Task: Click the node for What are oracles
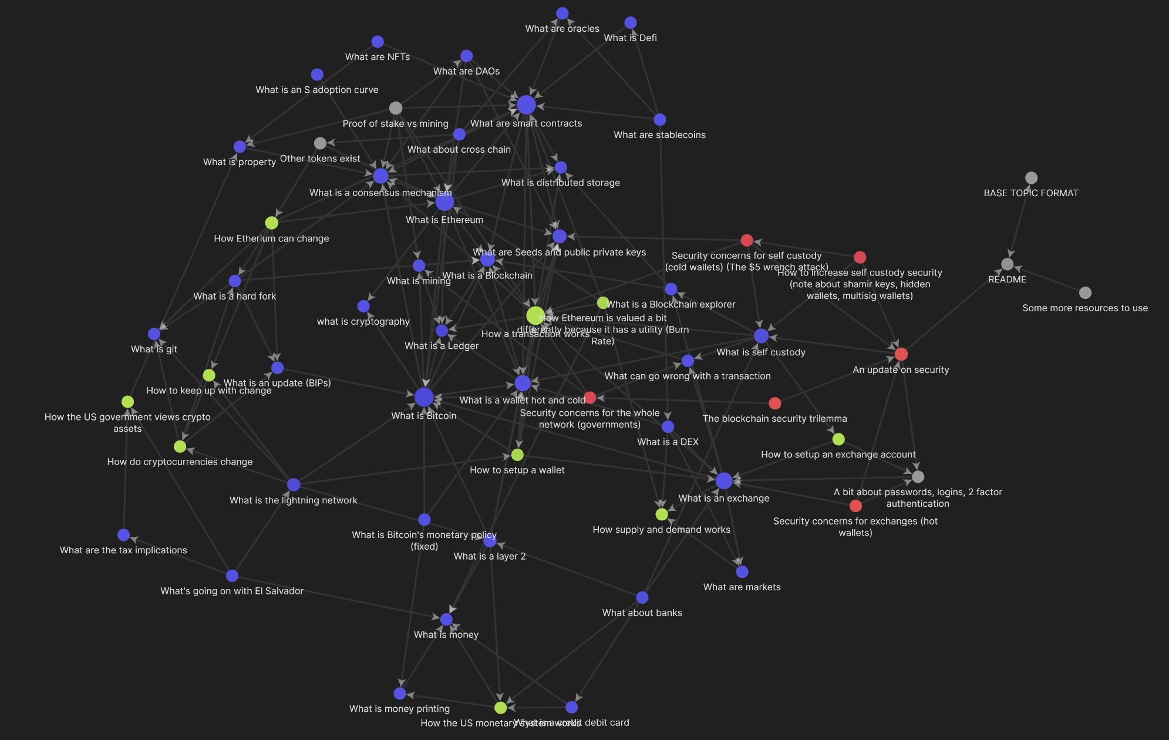562,14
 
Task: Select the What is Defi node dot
631,23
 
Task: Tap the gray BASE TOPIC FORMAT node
1031,178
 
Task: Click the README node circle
1008,264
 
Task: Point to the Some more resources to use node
1085,292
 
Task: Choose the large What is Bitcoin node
424,397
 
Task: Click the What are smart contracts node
526,105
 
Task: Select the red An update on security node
901,354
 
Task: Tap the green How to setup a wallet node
517,455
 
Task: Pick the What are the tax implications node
123,535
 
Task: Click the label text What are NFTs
378,57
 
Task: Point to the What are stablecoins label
659,135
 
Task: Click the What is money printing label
399,709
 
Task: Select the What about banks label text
642,613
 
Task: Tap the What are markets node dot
742,571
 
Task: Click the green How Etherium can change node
271,223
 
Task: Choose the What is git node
154,334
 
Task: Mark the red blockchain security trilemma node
775,403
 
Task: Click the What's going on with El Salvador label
232,591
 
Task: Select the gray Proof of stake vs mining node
396,108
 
